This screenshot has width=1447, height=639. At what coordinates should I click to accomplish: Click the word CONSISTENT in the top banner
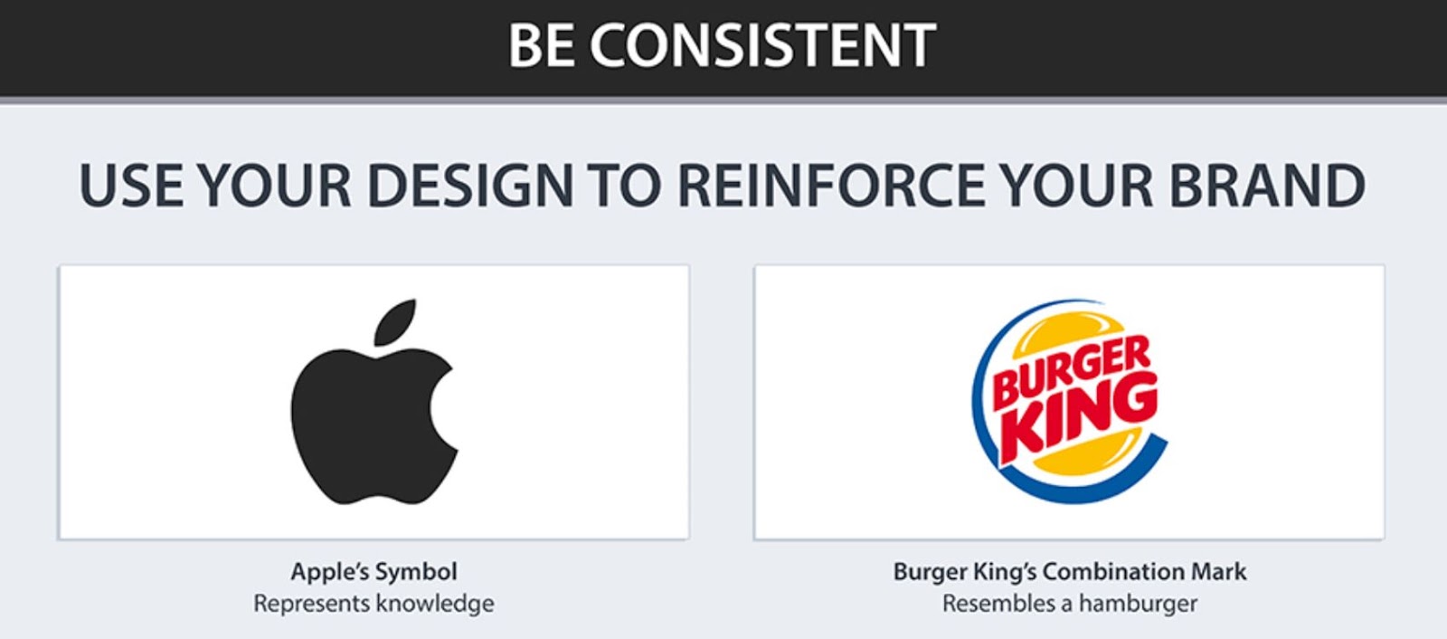click(762, 45)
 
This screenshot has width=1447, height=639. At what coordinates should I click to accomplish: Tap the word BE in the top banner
click(541, 45)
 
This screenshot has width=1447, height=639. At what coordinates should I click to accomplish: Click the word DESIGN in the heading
click(469, 186)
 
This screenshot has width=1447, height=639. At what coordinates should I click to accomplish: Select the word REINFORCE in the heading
click(831, 186)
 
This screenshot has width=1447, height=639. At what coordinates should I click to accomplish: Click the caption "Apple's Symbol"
click(374, 572)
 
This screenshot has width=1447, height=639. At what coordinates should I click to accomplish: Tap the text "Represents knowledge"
click(374, 604)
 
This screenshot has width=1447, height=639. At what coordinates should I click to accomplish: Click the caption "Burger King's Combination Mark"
click(1070, 572)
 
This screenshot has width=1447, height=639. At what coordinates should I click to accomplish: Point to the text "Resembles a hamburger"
click(1070, 604)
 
